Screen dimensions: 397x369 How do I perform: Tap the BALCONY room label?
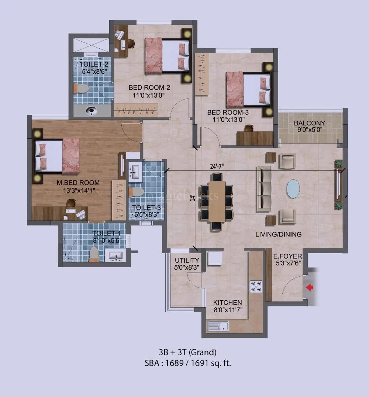click(310, 123)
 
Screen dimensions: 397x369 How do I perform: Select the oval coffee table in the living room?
click(293, 189)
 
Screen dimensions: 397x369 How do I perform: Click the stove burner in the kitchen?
click(256, 286)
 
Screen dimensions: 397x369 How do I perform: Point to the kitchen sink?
click(218, 326)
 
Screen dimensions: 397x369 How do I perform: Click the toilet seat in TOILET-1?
click(94, 253)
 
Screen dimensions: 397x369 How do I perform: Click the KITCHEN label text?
click(227, 303)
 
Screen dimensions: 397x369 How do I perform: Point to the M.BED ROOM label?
click(78, 182)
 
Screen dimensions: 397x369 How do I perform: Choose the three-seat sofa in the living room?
click(263, 189)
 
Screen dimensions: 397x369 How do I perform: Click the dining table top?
click(217, 201)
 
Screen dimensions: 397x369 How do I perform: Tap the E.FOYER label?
click(287, 256)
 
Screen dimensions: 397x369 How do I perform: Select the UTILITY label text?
click(187, 260)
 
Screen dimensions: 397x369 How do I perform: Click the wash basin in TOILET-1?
click(115, 255)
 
